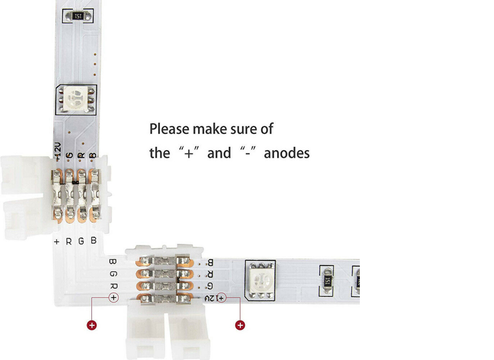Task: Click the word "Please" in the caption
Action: (x=170, y=129)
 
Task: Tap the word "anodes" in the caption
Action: (x=287, y=153)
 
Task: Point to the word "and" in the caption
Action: (x=219, y=153)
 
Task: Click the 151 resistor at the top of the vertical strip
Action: (x=78, y=17)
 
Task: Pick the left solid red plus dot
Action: (x=92, y=325)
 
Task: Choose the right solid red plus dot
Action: (x=240, y=325)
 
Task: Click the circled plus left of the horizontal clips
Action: (x=113, y=298)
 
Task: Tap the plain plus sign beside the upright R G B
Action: (x=57, y=241)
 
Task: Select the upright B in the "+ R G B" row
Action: (x=94, y=241)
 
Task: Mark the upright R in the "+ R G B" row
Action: (x=69, y=241)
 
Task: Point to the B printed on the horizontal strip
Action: (x=210, y=263)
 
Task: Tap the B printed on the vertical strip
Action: (x=93, y=156)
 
